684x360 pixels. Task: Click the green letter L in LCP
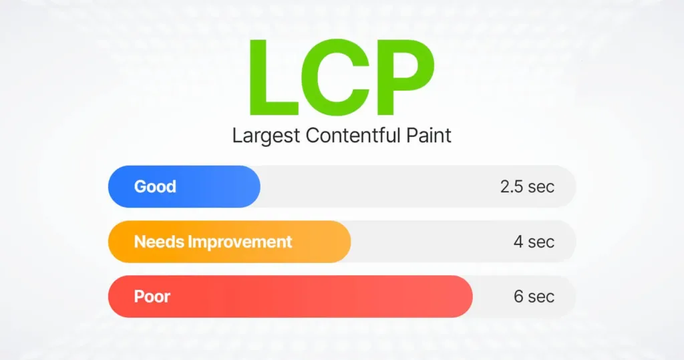click(272, 79)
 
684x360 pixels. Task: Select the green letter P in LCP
click(403, 79)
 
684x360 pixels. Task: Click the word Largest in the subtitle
click(266, 136)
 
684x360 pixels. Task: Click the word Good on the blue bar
click(155, 186)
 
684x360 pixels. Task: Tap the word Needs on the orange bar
click(158, 241)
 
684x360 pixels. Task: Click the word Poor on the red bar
click(152, 296)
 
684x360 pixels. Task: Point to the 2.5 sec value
click(527, 186)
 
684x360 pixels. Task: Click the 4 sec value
click(534, 241)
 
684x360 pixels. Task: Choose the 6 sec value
click(534, 296)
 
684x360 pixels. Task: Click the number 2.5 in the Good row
click(512, 186)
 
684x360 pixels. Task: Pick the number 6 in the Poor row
click(518, 296)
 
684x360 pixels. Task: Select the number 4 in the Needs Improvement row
click(518, 241)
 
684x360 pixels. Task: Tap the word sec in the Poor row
click(541, 296)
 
